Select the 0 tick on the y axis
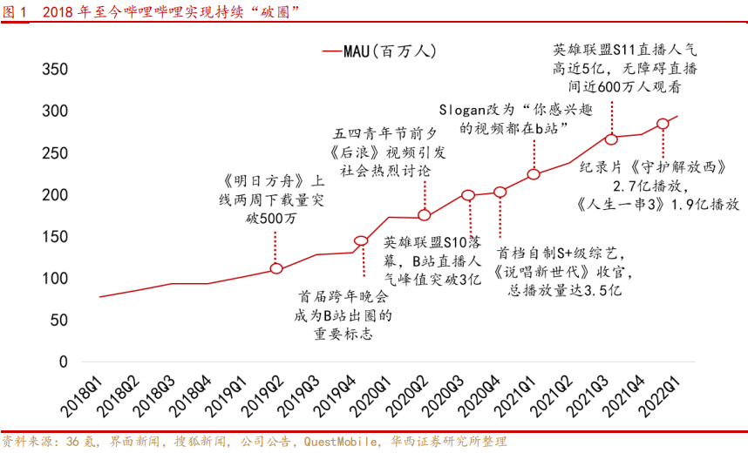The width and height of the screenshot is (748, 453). (x=62, y=362)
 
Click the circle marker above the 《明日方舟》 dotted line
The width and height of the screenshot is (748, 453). (x=275, y=268)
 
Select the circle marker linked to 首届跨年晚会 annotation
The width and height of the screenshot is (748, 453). (x=362, y=240)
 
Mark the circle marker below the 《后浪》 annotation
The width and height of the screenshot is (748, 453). (x=425, y=215)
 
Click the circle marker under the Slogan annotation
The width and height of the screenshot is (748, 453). (x=534, y=174)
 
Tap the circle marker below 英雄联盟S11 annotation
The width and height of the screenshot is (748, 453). (x=611, y=139)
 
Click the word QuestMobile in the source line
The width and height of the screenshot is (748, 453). (x=339, y=442)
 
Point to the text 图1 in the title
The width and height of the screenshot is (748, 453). (x=16, y=10)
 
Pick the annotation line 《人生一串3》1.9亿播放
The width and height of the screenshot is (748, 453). (x=658, y=204)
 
